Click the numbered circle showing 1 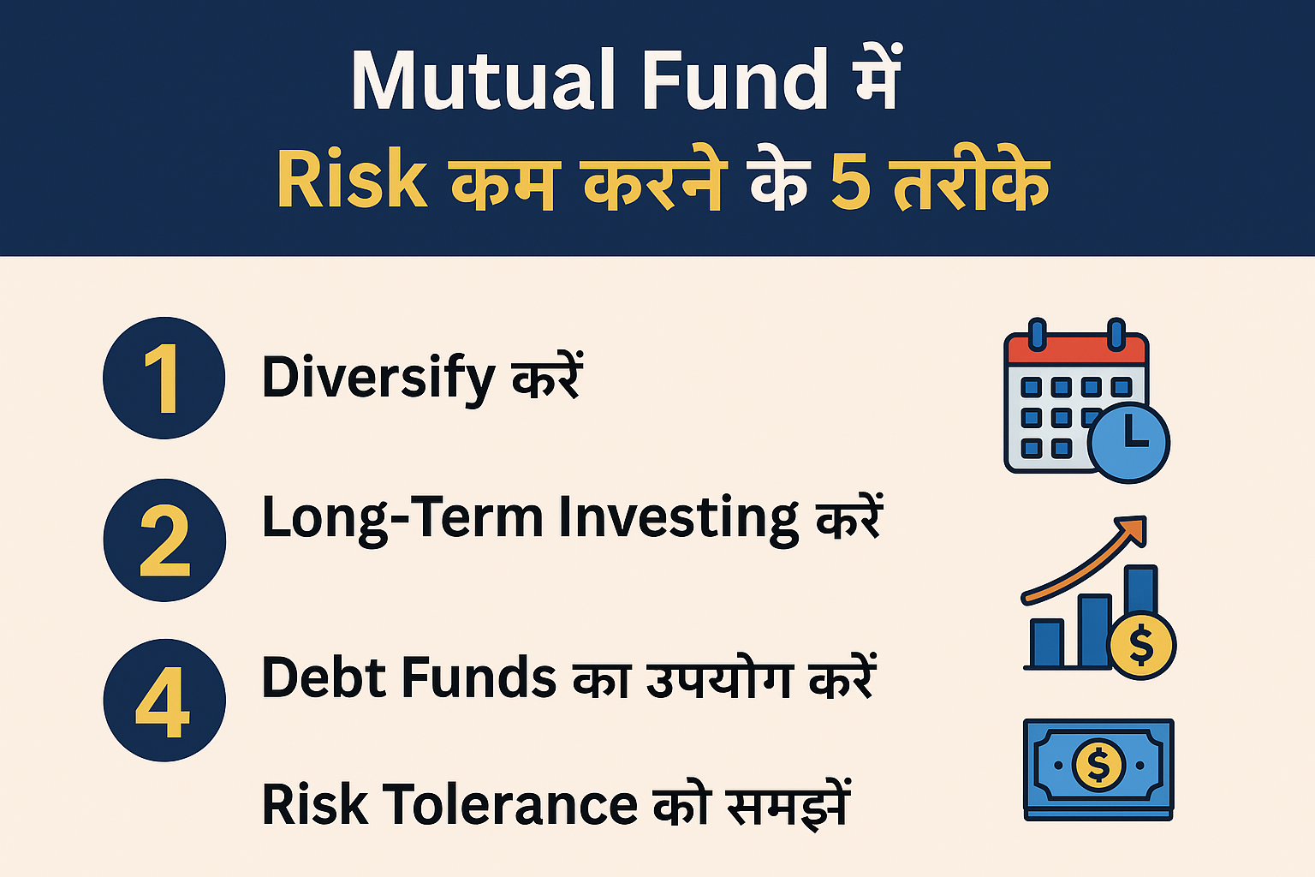[164, 378]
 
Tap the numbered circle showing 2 [164, 540]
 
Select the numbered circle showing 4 [164, 701]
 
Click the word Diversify [378, 379]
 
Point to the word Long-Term [402, 519]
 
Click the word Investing [678, 519]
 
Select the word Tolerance [510, 805]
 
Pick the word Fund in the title [735, 81]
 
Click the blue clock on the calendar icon [1129, 442]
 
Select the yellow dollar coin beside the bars [1142, 646]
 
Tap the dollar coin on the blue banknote [1098, 763]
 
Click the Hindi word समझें [788, 805]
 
